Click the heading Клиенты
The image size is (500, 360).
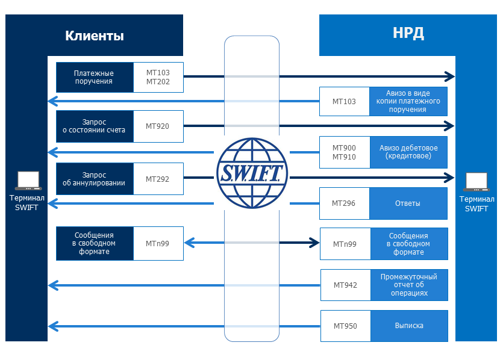[x=95, y=36]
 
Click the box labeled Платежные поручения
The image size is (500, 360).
[x=95, y=77]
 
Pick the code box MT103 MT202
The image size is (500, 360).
[x=158, y=77]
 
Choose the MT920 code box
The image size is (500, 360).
[x=158, y=126]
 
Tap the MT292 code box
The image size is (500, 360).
[x=158, y=179]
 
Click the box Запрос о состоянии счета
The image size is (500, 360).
[x=95, y=126]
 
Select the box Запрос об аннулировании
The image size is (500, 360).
[x=95, y=179]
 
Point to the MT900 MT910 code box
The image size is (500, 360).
[x=345, y=152]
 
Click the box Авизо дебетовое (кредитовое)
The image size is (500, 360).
[x=408, y=152]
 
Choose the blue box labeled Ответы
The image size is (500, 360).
[x=408, y=203]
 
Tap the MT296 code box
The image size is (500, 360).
[x=344, y=203]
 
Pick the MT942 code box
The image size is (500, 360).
[x=345, y=285]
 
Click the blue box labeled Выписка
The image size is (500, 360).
[x=409, y=326]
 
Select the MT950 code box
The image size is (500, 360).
[x=345, y=326]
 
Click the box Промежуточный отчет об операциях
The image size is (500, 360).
[x=409, y=285]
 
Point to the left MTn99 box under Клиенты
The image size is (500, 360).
[x=158, y=243]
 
